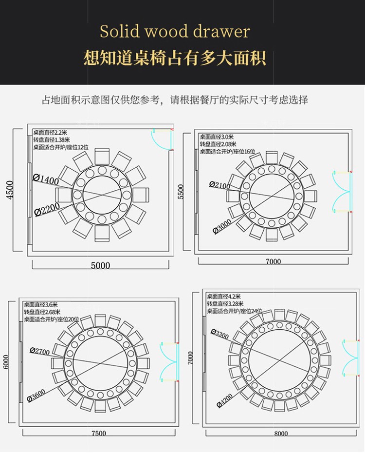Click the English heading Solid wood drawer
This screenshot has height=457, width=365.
[175, 32]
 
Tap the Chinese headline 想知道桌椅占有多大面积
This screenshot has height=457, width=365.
[175, 58]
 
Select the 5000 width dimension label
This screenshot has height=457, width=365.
[100, 266]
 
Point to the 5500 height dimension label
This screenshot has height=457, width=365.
[181, 191]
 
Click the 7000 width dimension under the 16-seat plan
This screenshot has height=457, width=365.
[273, 261]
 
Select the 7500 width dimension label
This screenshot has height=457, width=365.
[98, 433]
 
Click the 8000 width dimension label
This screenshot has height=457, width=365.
[281, 433]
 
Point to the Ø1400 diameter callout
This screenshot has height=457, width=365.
[46, 179]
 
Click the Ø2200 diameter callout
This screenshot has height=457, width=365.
[47, 209]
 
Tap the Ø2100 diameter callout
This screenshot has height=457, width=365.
[220, 184]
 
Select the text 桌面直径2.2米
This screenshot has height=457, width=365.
[50, 132]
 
